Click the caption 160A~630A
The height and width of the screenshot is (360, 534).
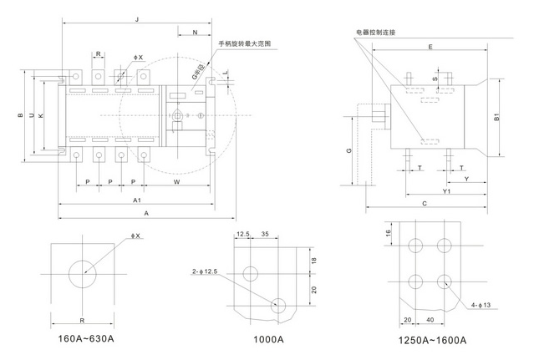87,339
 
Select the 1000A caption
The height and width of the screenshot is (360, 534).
268,339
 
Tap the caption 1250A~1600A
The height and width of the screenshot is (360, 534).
431,340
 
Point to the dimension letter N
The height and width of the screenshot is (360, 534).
194,33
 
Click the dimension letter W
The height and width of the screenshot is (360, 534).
176,181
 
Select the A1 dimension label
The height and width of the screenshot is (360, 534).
135,201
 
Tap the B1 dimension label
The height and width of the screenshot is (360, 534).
496,118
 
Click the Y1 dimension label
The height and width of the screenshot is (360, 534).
447,191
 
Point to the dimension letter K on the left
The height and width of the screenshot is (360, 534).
41,114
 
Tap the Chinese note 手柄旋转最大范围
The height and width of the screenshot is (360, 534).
246,43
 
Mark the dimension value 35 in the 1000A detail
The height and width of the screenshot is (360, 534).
264,235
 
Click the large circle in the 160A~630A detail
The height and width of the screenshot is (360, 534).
82,274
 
